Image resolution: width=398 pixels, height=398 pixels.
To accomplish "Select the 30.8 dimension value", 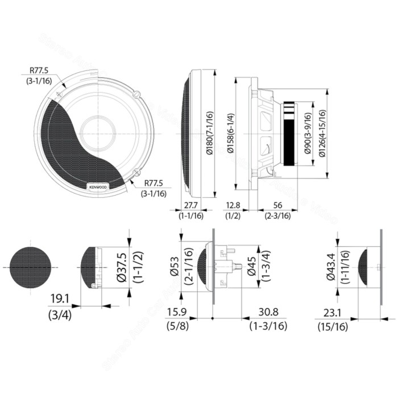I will pos(262,312).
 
